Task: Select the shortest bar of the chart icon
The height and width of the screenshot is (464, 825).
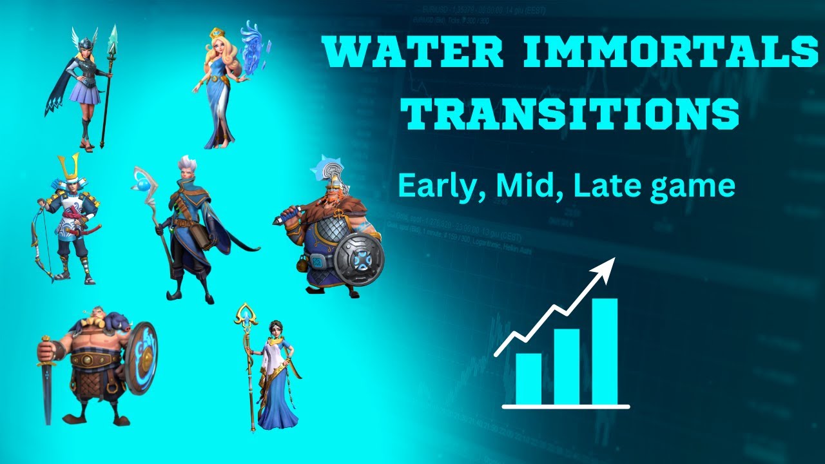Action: [x=529, y=378]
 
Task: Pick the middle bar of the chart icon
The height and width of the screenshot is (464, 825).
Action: [x=567, y=366]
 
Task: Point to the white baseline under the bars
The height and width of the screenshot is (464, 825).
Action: [x=565, y=407]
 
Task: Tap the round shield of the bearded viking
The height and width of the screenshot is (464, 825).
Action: [x=358, y=260]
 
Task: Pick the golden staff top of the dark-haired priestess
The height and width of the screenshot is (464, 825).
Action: [x=246, y=315]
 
